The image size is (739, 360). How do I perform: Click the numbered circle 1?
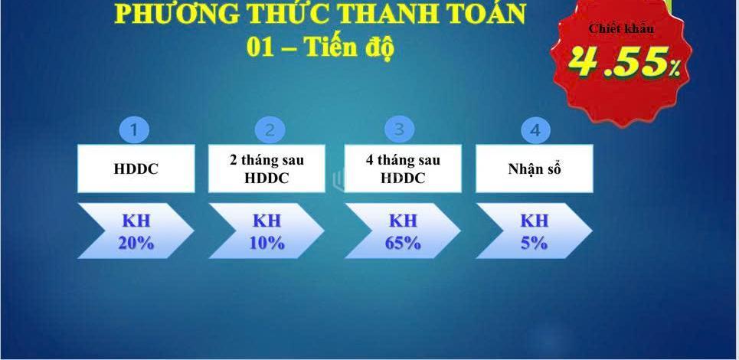pyautogui.click(x=134, y=129)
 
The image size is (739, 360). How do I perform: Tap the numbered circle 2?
pyautogui.click(x=270, y=129)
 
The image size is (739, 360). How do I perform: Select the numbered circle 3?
pyautogui.click(x=399, y=129)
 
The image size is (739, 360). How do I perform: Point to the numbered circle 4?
pyautogui.click(x=535, y=129)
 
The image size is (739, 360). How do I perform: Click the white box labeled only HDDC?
pyautogui.click(x=136, y=169)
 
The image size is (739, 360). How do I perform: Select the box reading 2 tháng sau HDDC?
pyautogui.click(x=266, y=169)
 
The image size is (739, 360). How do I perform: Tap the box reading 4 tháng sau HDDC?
pyautogui.click(x=403, y=169)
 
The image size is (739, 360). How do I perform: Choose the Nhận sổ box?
pyautogui.click(x=535, y=169)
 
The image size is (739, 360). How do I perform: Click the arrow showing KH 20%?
pyautogui.click(x=136, y=231)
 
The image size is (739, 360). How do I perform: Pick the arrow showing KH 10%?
pyautogui.click(x=266, y=231)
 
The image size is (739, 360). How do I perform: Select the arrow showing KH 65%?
pyautogui.click(x=403, y=231)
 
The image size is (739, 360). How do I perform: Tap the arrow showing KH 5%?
pyautogui.click(x=534, y=231)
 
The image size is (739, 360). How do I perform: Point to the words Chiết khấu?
pyautogui.click(x=622, y=28)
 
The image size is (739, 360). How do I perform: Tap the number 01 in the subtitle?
pyautogui.click(x=260, y=47)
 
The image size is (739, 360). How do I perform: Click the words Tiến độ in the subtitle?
pyautogui.click(x=349, y=47)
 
